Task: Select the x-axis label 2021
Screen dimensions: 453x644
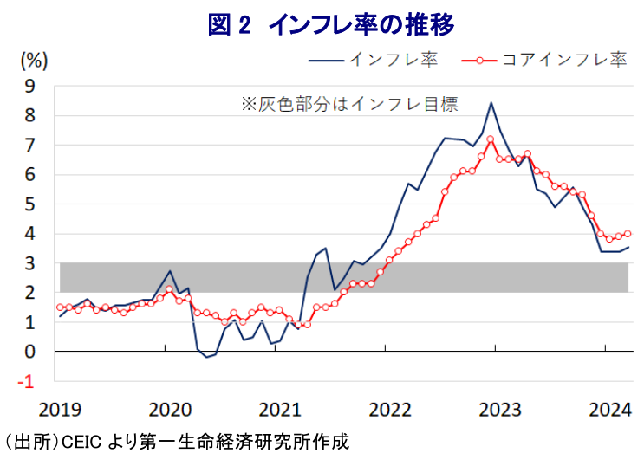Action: tap(277, 408)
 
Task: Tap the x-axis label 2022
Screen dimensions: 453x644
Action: tap(387, 408)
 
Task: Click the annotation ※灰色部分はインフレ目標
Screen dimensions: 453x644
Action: tap(348, 104)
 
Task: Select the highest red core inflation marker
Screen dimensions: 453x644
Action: tap(491, 139)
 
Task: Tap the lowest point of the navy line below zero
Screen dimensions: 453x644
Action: tap(206, 357)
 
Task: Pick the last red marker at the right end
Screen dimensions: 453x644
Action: tap(628, 233)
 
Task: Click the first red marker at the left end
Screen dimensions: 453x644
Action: tap(60, 307)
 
